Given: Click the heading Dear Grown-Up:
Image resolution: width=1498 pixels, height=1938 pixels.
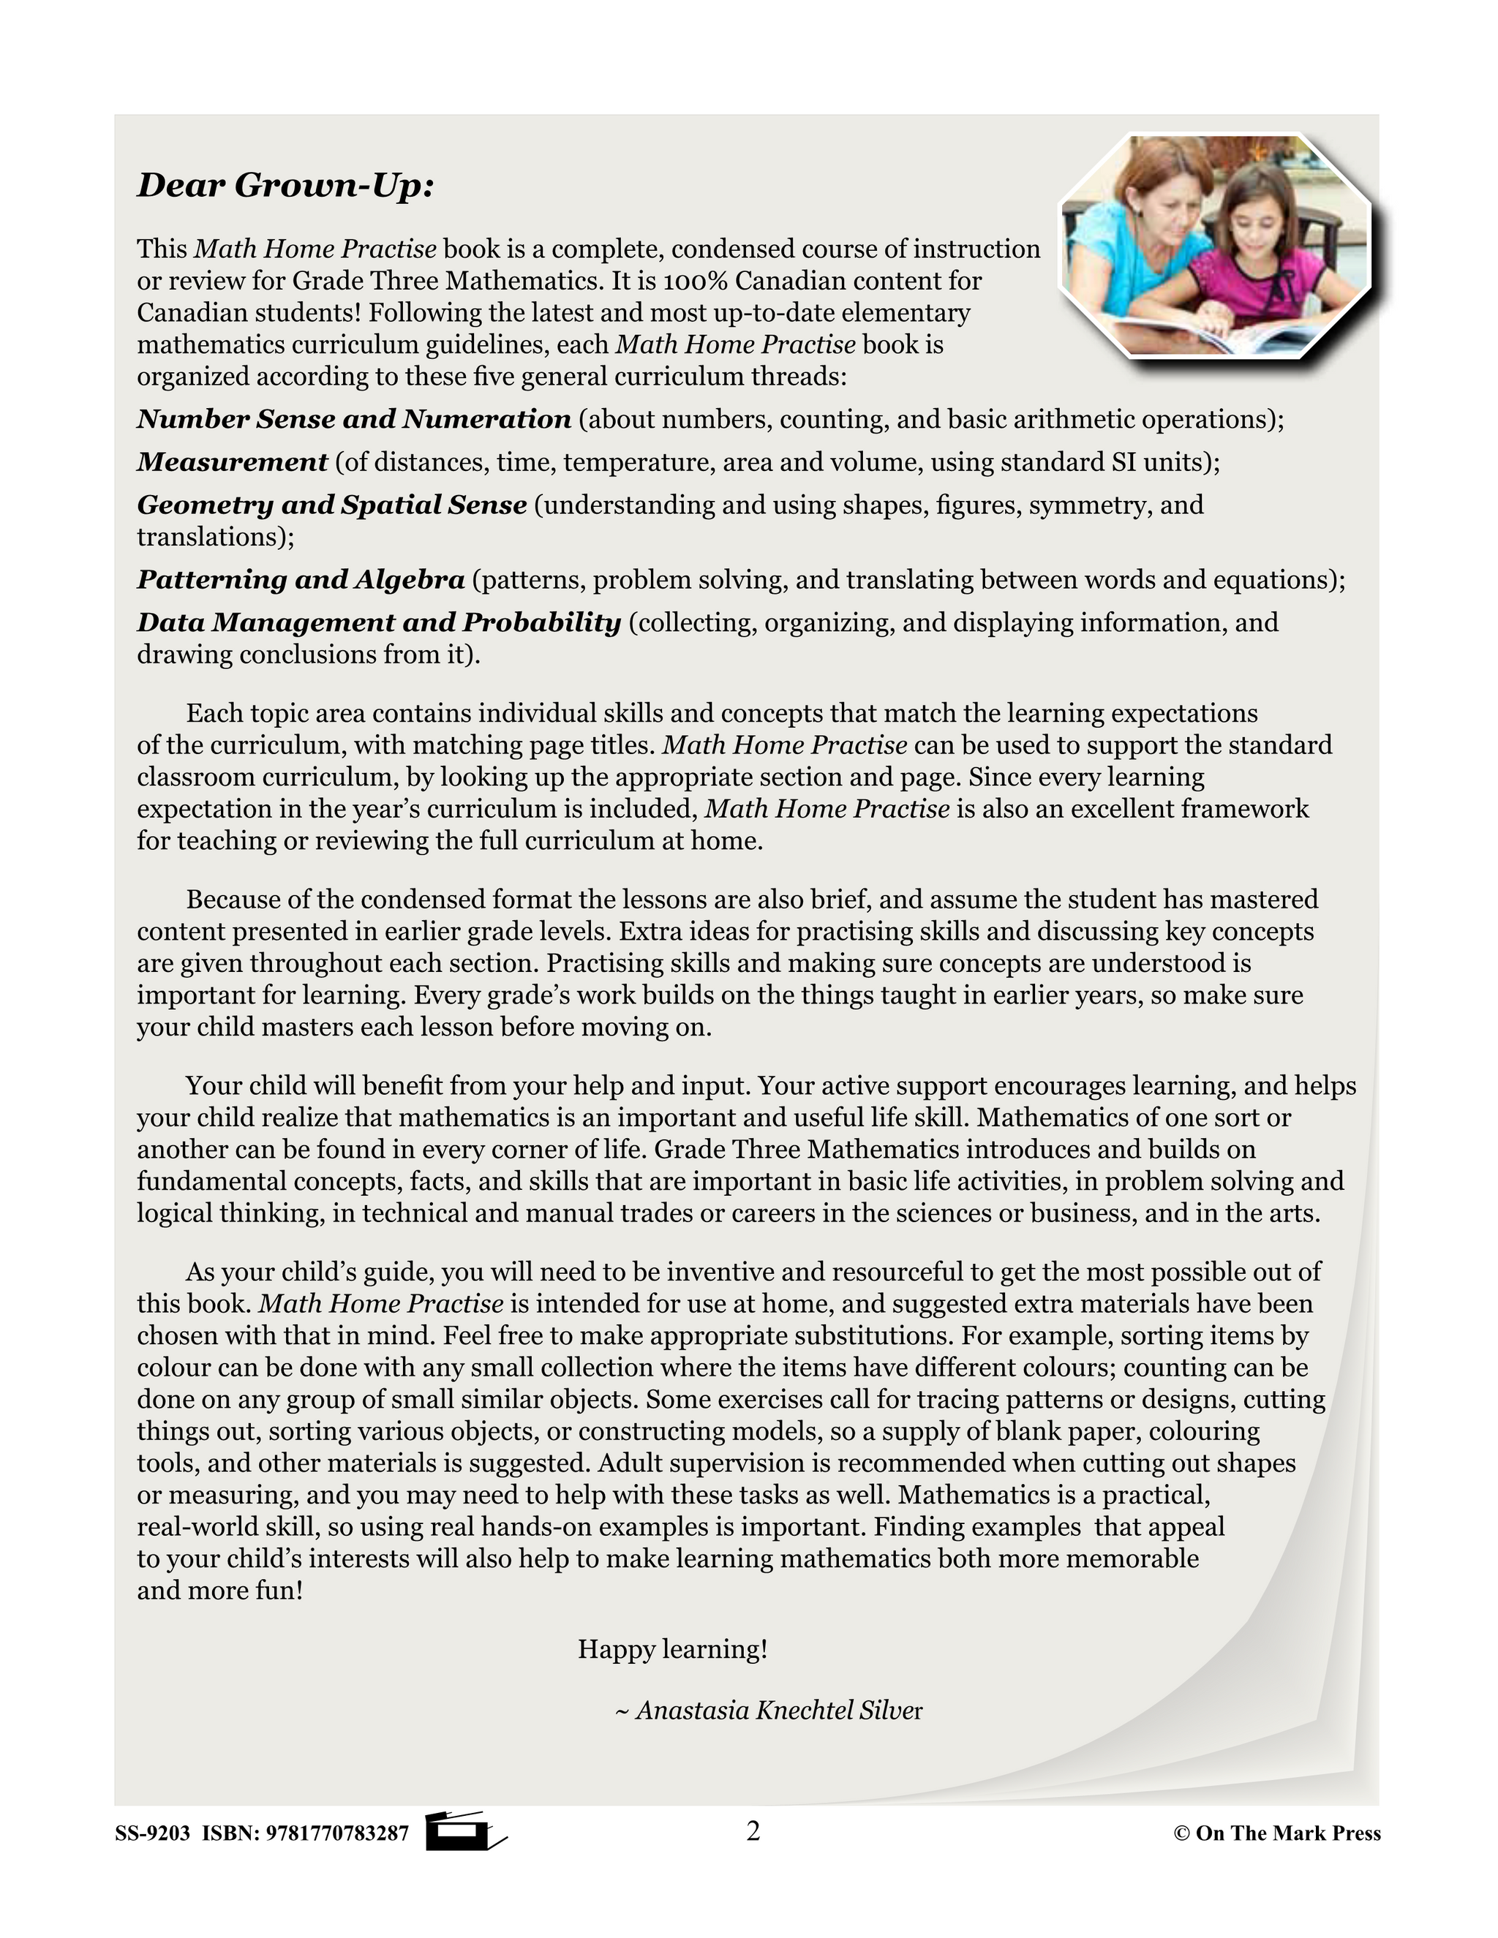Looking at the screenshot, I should [285, 186].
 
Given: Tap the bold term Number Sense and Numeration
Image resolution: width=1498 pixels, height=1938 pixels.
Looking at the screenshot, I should [353, 419].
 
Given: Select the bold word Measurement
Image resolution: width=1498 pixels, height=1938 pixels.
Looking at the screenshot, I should [233, 461].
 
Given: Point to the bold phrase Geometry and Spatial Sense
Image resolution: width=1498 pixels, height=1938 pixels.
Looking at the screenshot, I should [332, 505].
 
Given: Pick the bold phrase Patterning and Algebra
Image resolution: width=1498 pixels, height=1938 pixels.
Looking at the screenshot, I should [301, 579].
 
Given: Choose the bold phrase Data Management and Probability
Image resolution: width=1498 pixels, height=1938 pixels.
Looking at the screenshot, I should [379, 623].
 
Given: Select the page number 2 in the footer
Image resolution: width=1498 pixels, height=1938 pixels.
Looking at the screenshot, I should [753, 1830].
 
